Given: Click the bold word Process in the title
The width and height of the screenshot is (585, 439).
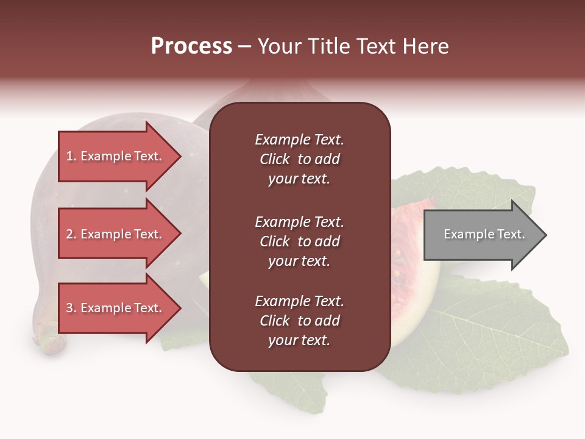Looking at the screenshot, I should (x=191, y=46).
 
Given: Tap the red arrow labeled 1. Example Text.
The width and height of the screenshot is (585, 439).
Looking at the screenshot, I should (x=116, y=156).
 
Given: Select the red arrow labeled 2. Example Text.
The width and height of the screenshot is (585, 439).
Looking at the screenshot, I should (x=116, y=234).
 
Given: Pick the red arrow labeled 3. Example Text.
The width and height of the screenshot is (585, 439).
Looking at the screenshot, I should (x=116, y=308).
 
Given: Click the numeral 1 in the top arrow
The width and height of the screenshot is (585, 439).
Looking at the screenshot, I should (x=69, y=156).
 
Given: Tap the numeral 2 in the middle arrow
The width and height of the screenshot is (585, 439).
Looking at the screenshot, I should (x=69, y=234).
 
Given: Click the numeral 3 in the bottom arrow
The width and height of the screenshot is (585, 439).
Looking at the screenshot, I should (x=69, y=308).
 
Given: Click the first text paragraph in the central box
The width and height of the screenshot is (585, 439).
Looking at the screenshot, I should (x=299, y=159).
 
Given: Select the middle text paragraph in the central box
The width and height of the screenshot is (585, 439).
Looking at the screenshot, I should (x=299, y=241).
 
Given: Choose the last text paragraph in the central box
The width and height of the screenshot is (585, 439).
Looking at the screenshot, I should (x=299, y=321).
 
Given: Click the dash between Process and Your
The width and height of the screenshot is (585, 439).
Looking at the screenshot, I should (x=245, y=47).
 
